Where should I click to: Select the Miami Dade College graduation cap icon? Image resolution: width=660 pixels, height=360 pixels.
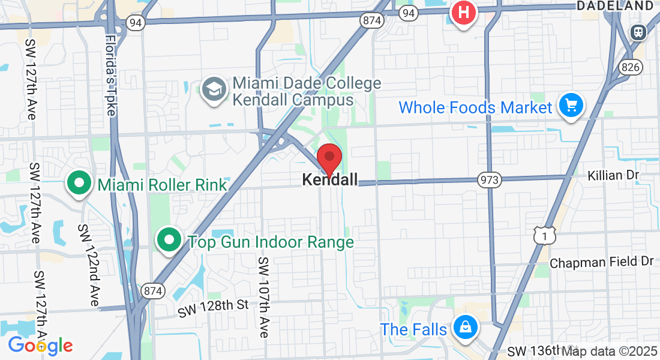pyautogui.click(x=213, y=91)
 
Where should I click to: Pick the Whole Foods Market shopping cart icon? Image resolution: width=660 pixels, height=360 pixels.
pyautogui.click(x=571, y=106)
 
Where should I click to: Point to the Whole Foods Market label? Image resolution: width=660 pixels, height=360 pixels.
pyautogui.click(x=475, y=108)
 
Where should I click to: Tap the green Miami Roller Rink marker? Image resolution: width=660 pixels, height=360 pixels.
pyautogui.click(x=79, y=184)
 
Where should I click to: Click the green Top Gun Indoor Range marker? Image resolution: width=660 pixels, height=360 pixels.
pyautogui.click(x=169, y=241)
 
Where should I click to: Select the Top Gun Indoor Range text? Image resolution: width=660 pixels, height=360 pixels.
pyautogui.click(x=271, y=242)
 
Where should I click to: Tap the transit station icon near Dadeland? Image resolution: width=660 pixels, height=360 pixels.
pyautogui.click(x=638, y=32)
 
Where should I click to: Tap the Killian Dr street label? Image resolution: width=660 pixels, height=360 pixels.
pyautogui.click(x=613, y=175)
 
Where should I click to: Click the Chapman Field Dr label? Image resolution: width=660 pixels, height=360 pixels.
pyautogui.click(x=601, y=262)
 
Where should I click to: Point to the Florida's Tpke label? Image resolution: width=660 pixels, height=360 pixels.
pyautogui.click(x=110, y=75)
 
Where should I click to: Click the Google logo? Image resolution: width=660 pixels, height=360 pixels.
pyautogui.click(x=40, y=346)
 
